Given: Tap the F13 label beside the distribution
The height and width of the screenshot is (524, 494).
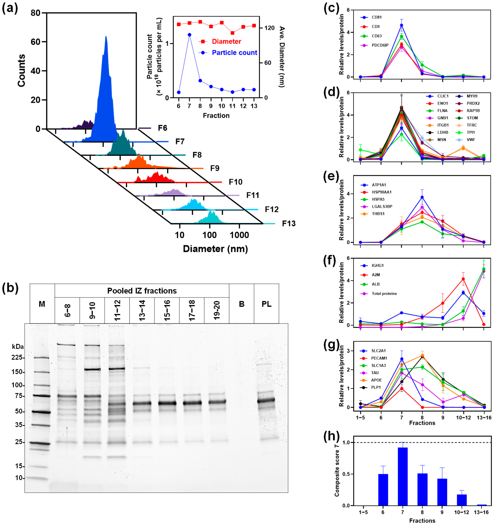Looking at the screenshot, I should pyautogui.click(x=289, y=224).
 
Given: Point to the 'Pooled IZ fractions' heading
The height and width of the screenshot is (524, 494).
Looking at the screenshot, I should pyautogui.click(x=142, y=291).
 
